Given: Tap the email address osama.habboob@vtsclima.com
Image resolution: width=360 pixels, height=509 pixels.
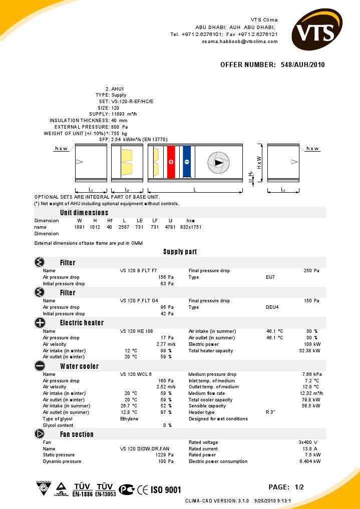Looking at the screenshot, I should tap(240, 42).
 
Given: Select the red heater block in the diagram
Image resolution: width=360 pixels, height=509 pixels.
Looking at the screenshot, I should tap(171, 161).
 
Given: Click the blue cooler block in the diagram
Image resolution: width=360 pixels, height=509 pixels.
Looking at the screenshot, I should tap(187, 161).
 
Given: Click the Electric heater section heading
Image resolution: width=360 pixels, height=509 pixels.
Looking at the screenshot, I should tap(82, 323).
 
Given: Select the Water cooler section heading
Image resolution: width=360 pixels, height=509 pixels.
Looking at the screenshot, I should tap(79, 366).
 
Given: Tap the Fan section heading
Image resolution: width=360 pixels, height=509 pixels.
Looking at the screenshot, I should tap(77, 434).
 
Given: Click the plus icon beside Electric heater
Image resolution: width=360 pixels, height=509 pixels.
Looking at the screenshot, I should tap(40, 323).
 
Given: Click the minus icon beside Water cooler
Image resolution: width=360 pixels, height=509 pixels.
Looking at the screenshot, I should tap(40, 366).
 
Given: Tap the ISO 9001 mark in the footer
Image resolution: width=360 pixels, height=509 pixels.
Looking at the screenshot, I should tap(166, 489).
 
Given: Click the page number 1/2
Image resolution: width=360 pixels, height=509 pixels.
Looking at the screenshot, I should tap(299, 487).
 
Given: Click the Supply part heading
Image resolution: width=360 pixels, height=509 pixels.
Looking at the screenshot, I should tap(180, 252).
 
